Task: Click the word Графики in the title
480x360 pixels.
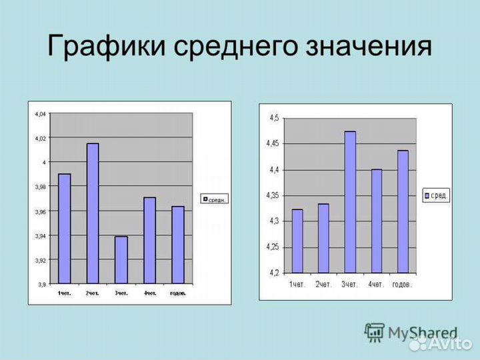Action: click(x=107, y=48)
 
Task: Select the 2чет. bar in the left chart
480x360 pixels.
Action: click(x=93, y=213)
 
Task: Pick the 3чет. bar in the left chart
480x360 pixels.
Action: click(x=121, y=260)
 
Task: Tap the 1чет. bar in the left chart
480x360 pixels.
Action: click(x=65, y=229)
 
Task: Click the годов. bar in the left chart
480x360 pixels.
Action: click(x=177, y=245)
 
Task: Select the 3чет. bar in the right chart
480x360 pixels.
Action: click(x=350, y=202)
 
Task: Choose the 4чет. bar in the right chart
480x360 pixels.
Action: click(x=377, y=221)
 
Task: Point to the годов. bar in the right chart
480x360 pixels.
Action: click(x=403, y=211)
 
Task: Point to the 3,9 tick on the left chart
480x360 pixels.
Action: click(x=41, y=284)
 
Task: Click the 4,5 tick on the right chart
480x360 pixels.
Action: click(x=273, y=118)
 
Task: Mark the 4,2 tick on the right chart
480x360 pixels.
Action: click(x=273, y=273)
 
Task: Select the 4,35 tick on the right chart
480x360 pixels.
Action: click(x=272, y=195)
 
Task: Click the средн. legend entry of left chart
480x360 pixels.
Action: click(x=214, y=199)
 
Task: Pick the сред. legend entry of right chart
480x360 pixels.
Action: click(x=436, y=195)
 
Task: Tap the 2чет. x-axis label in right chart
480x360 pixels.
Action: click(x=323, y=285)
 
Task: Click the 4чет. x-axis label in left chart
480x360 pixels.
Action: click(x=149, y=293)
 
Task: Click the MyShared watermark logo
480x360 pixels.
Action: click(x=411, y=333)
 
